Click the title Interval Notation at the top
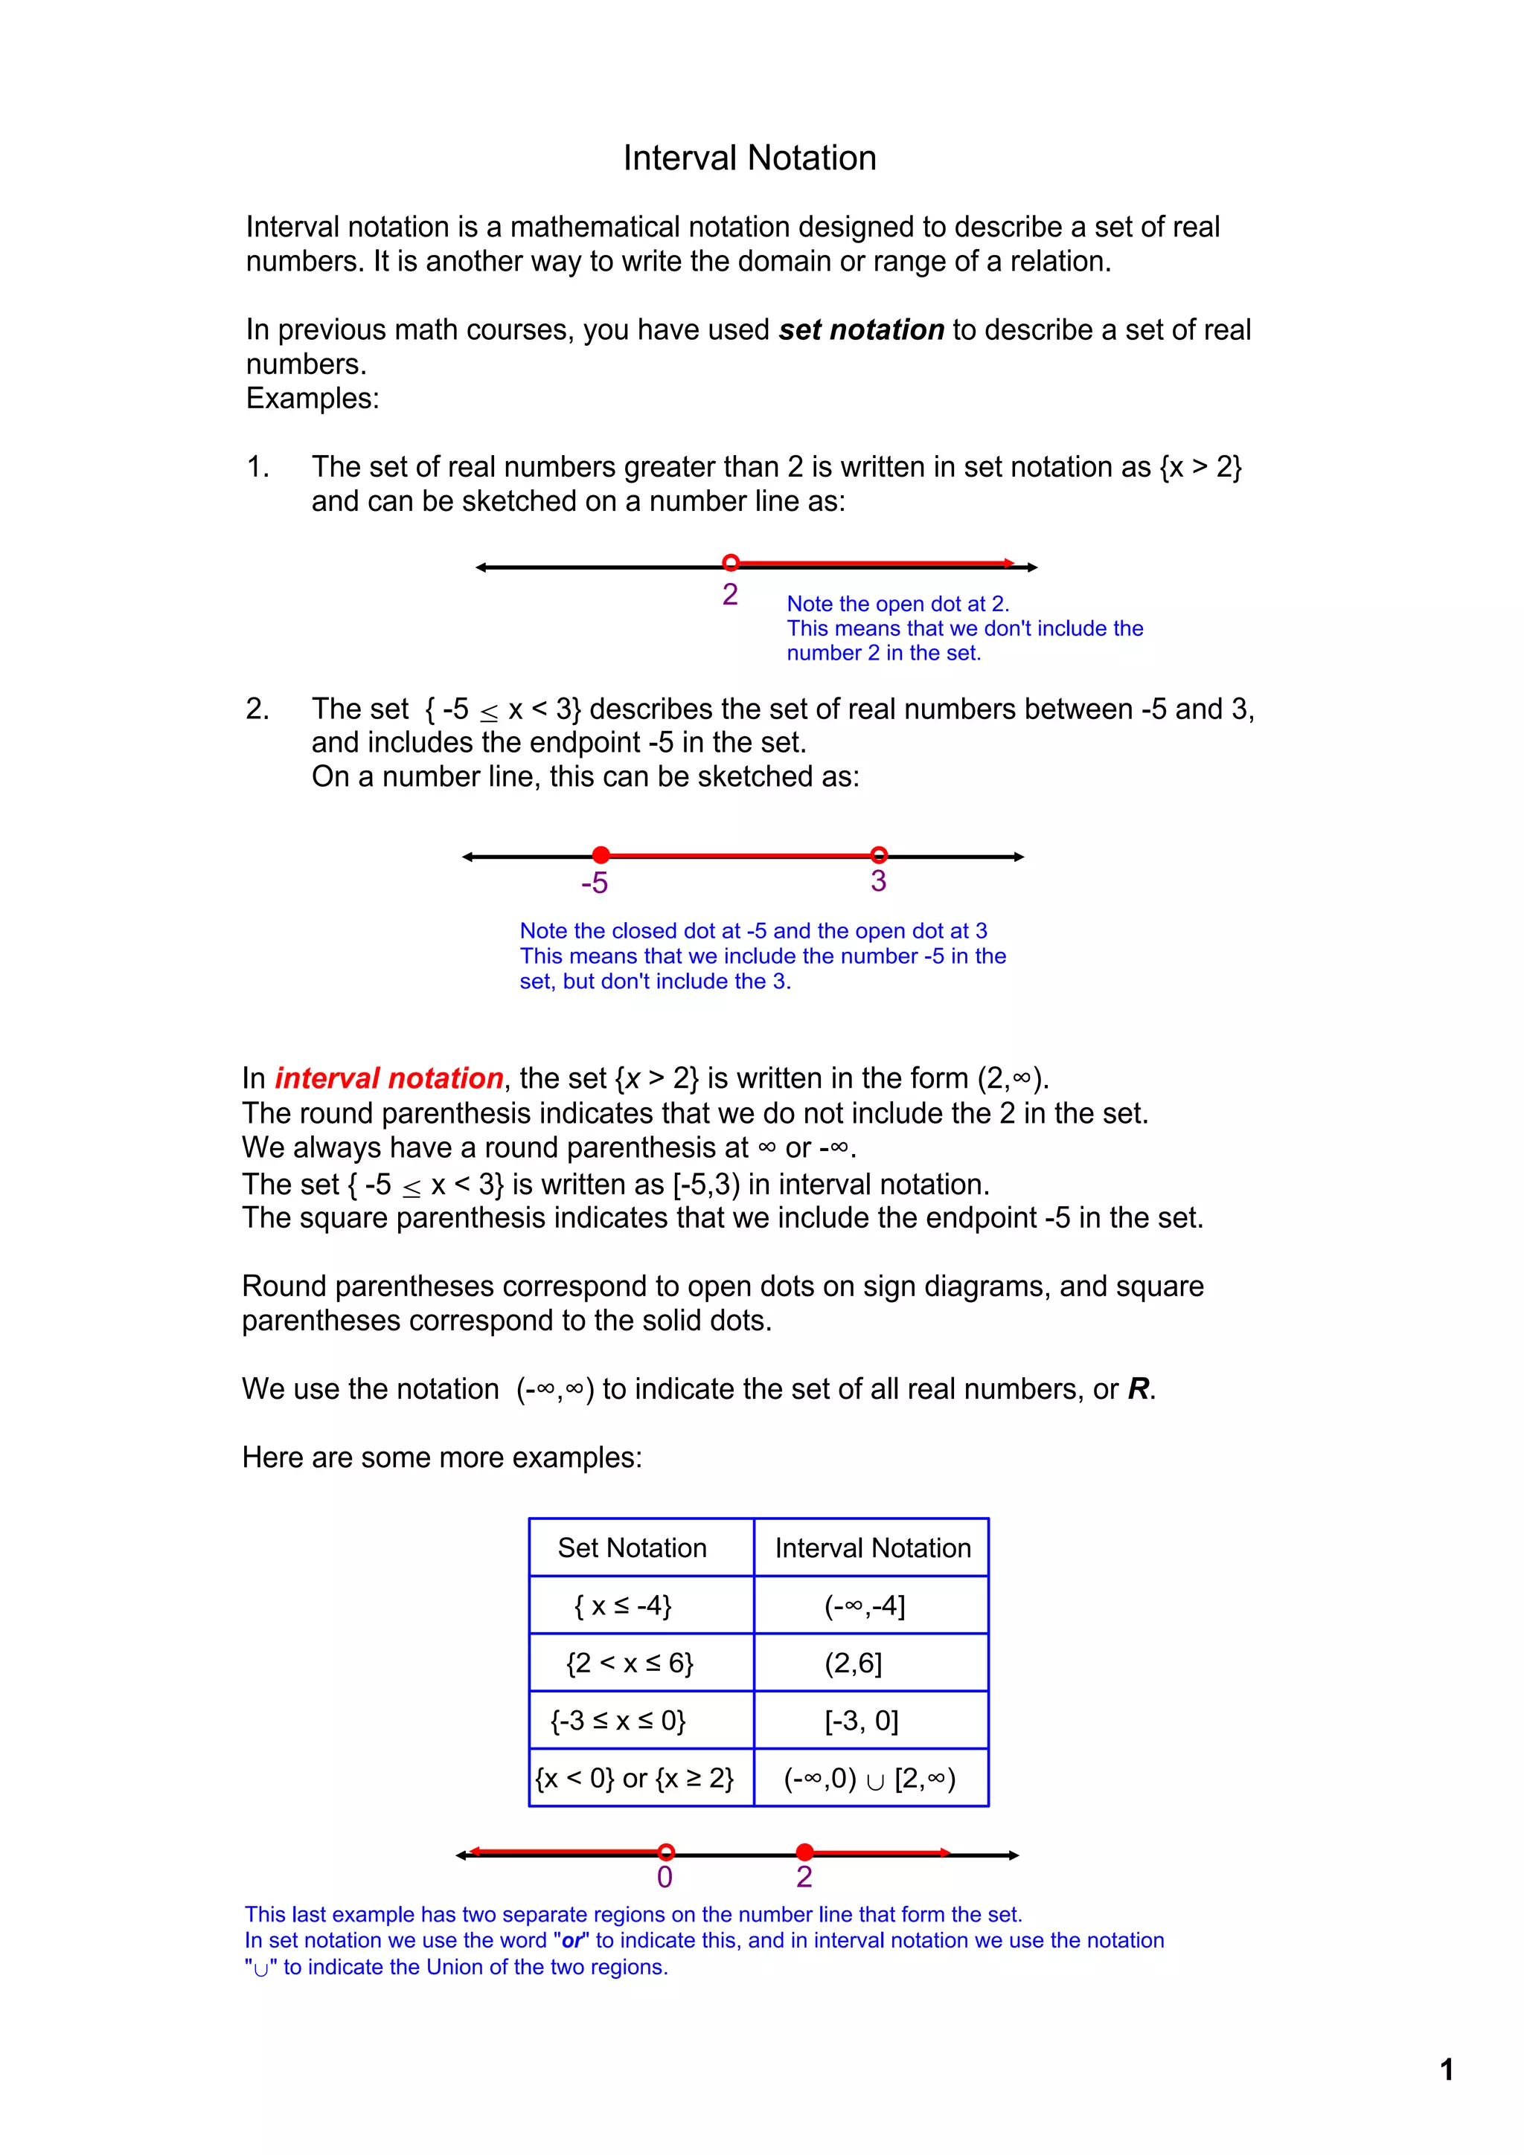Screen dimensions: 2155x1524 pyautogui.click(x=749, y=158)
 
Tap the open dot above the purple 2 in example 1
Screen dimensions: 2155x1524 pyautogui.click(x=731, y=562)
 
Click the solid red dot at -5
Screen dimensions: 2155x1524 pyautogui.click(x=601, y=854)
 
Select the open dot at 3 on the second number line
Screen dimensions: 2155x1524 pyautogui.click(x=878, y=854)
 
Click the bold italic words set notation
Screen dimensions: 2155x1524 pyautogui.click(x=861, y=329)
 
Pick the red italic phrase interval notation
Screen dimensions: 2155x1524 pyautogui.click(x=388, y=1077)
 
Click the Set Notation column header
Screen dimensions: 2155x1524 pyautogui.click(x=632, y=1547)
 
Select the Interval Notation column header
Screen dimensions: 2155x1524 pyautogui.click(x=872, y=1547)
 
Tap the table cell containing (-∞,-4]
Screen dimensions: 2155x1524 pyautogui.click(x=865, y=1606)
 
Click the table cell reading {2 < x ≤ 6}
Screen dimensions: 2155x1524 pyautogui.click(x=630, y=1663)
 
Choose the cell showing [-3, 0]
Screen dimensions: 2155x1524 pyautogui.click(x=861, y=1721)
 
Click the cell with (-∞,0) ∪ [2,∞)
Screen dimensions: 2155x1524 pyautogui.click(x=869, y=1779)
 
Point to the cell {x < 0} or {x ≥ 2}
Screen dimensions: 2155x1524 pyautogui.click(x=635, y=1779)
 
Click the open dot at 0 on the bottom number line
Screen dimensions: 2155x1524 pyautogui.click(x=666, y=1852)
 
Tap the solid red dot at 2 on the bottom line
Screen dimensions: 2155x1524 pyautogui.click(x=804, y=1852)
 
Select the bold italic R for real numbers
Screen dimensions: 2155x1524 pyautogui.click(x=1138, y=1388)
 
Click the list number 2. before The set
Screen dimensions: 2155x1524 pyautogui.click(x=257, y=709)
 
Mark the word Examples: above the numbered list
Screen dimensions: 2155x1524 pyautogui.click(x=313, y=398)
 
